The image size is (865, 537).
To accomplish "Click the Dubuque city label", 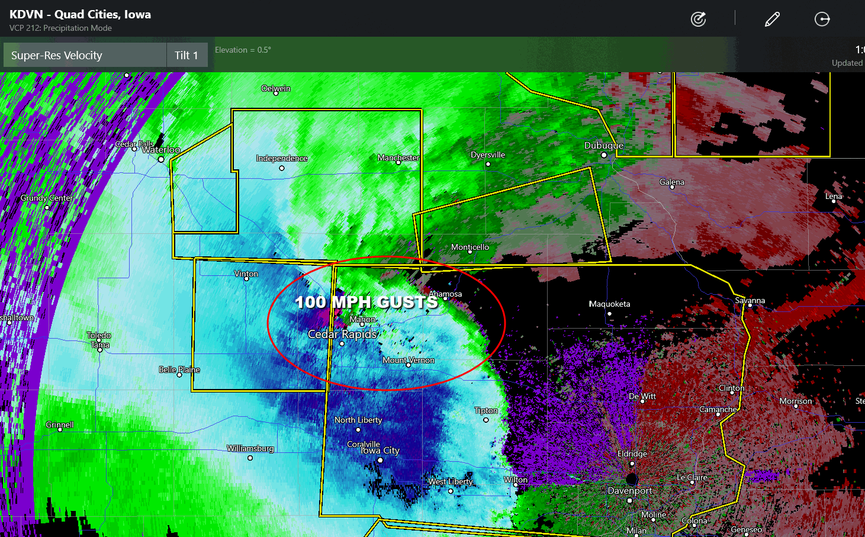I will (x=603, y=146).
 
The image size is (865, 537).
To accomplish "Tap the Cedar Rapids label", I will (x=342, y=335).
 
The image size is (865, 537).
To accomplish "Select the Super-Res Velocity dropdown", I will (x=85, y=55).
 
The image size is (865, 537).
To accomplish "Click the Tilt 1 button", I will (x=186, y=55).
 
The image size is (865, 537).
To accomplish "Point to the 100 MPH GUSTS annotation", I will (x=366, y=302).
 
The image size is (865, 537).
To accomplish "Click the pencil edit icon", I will (x=772, y=20).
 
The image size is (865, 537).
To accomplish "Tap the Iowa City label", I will (x=380, y=451).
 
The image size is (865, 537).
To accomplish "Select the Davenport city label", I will (x=629, y=491).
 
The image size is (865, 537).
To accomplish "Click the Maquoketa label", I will (x=609, y=304).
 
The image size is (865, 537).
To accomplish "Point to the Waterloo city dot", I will (x=161, y=159).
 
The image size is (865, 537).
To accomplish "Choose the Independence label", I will (x=281, y=158).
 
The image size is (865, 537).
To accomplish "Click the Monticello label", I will (x=470, y=247).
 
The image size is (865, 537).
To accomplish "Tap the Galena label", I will (x=671, y=182).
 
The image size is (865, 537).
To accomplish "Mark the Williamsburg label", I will (x=250, y=448).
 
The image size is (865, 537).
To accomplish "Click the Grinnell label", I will (x=60, y=425).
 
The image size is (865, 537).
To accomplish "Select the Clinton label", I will (x=731, y=388).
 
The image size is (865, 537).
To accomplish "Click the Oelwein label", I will (x=276, y=88).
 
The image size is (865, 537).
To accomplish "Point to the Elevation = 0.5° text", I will (x=243, y=50).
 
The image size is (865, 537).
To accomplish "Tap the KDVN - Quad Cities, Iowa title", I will (x=80, y=14).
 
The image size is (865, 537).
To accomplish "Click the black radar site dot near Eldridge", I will (x=632, y=478).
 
